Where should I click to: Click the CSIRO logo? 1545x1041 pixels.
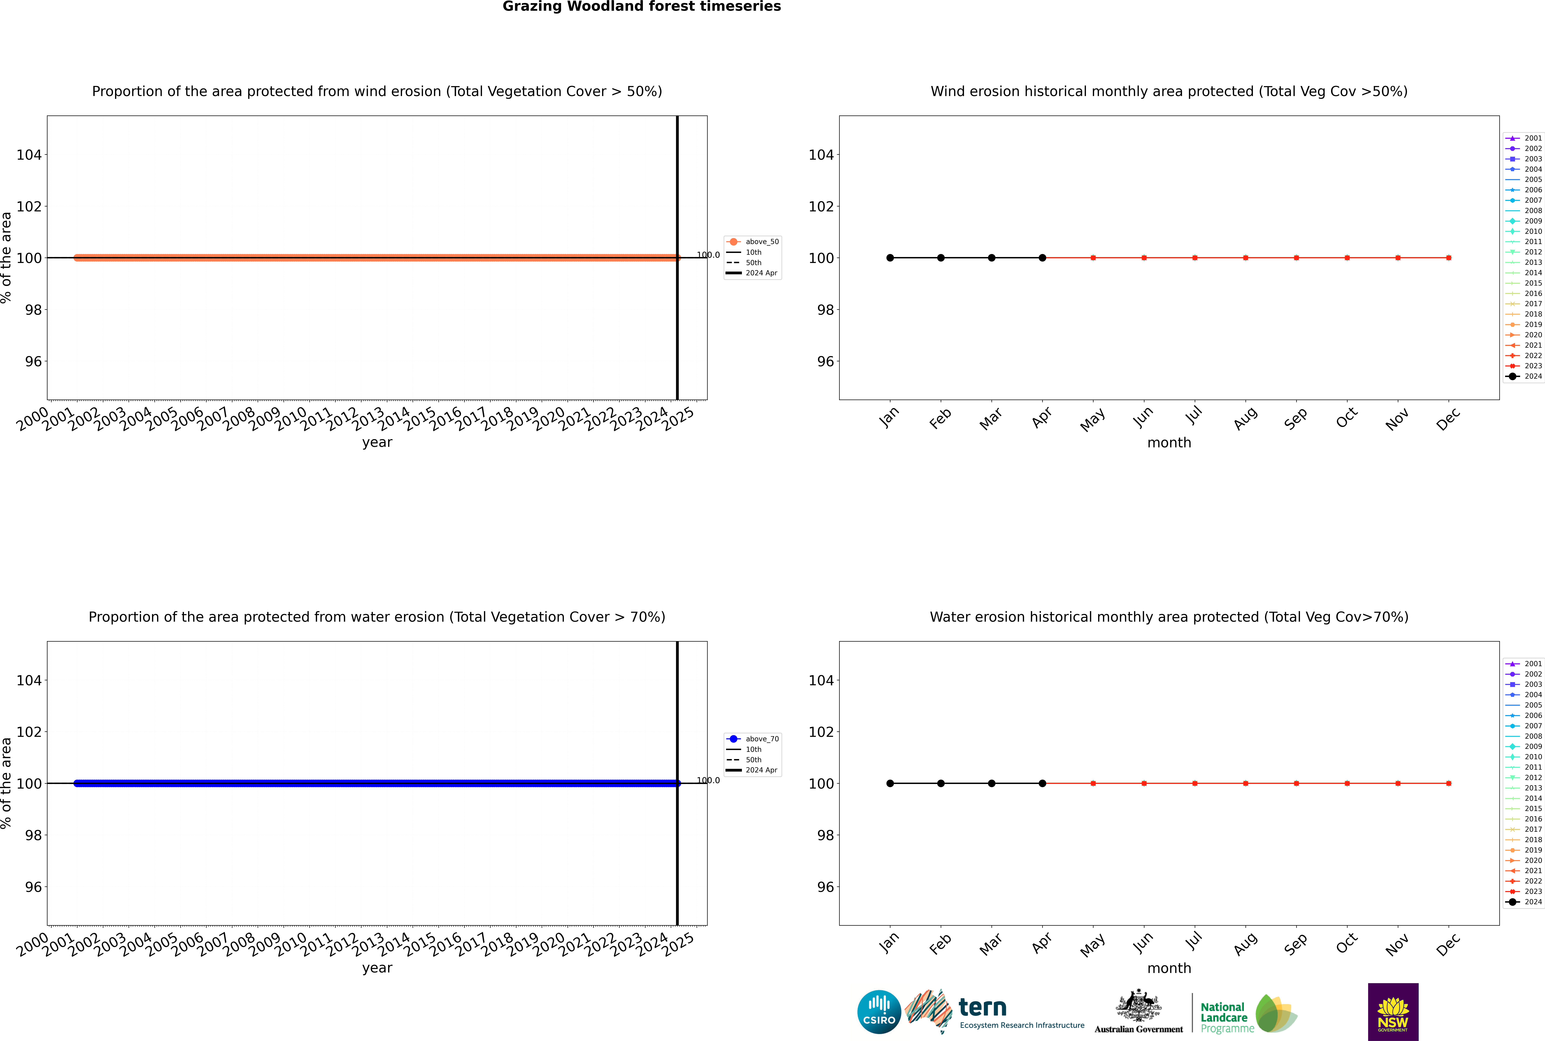[879, 1012]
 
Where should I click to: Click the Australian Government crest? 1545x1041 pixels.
[1139, 1008]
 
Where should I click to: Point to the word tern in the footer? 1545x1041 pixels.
[982, 1008]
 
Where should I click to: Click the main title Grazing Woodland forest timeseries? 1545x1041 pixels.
[642, 7]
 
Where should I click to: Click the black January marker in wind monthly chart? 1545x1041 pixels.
[890, 258]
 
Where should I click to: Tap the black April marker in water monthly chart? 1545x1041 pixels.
[1042, 783]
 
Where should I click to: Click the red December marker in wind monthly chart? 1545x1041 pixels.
[1449, 258]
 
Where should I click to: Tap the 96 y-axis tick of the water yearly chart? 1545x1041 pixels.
[33, 887]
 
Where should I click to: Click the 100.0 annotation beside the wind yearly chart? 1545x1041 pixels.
[708, 255]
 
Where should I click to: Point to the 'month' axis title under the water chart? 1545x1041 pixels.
[1169, 968]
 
